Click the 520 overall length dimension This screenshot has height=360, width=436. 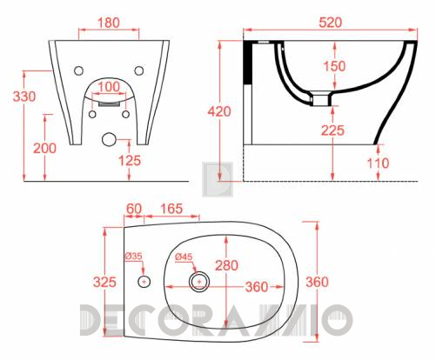coord(331,23)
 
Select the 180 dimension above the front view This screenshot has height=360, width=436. coord(109,23)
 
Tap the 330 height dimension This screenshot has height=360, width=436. coord(24,97)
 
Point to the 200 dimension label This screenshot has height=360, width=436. coord(45,148)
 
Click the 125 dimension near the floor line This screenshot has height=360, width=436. coord(130,160)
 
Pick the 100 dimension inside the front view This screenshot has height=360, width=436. coord(109,87)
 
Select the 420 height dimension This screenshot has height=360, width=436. coord(219,111)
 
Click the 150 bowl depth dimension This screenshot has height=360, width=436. coord(334,66)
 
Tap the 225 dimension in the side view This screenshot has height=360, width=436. coord(332,130)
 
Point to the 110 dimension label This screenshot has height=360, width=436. coord(379,163)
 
